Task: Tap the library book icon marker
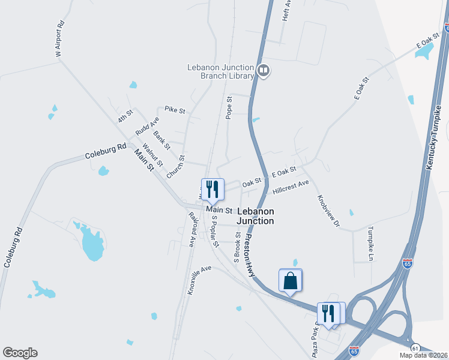click(x=263, y=71)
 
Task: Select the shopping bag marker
click(x=290, y=281)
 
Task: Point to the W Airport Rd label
click(x=59, y=40)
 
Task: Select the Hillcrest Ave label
click(x=290, y=187)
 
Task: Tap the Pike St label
click(x=175, y=110)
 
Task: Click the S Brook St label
click(x=238, y=248)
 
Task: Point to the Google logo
click(x=20, y=353)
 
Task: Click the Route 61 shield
click(x=415, y=347)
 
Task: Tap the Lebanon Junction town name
click(x=256, y=216)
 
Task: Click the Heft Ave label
click(x=287, y=11)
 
